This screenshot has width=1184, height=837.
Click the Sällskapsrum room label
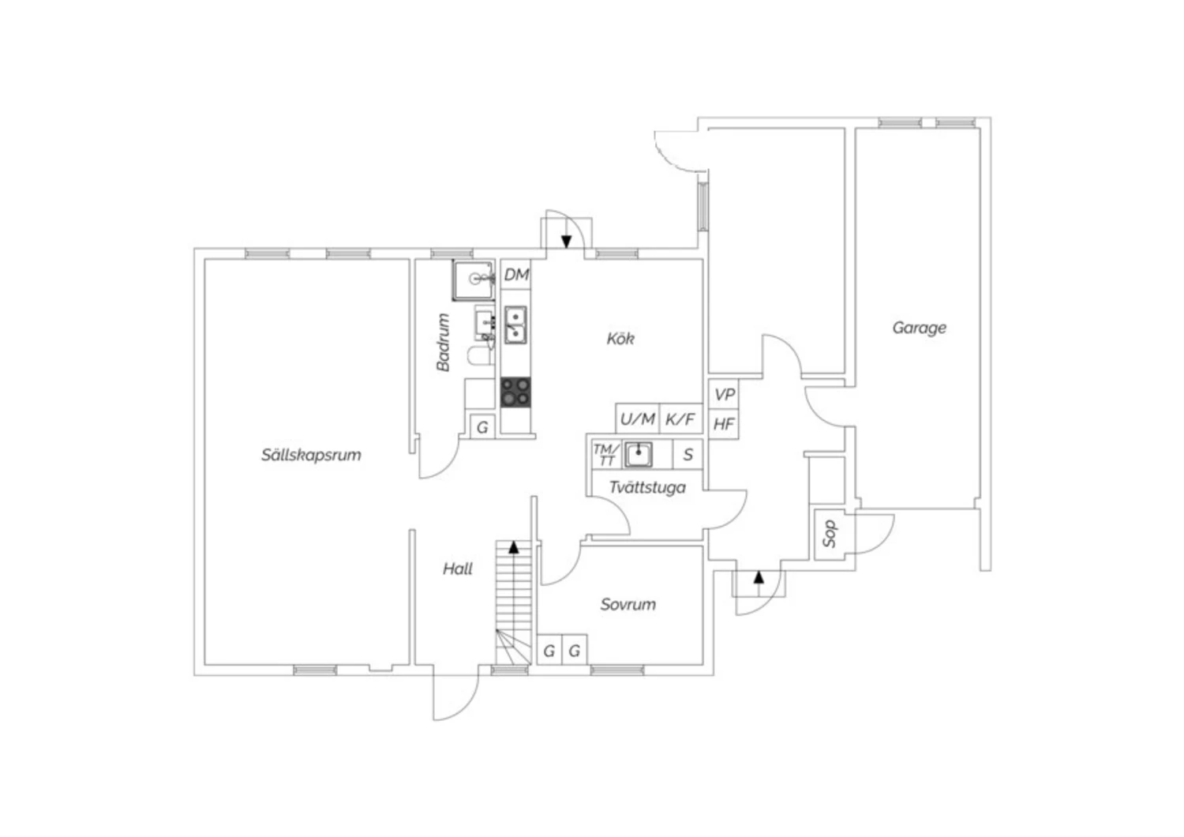(x=311, y=455)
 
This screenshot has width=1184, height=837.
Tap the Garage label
(x=920, y=328)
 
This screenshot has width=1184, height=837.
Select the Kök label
(x=620, y=339)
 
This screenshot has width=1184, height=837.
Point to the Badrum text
(x=443, y=343)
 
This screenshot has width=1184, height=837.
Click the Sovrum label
(x=628, y=604)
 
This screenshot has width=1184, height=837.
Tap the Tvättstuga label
(x=647, y=487)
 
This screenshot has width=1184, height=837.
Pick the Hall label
(x=458, y=569)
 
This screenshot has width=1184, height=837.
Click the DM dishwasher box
(x=516, y=275)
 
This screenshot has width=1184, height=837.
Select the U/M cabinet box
(x=638, y=419)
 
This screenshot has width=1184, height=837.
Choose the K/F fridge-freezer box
(x=680, y=419)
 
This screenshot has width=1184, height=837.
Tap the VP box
(x=724, y=395)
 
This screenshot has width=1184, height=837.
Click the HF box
(x=724, y=424)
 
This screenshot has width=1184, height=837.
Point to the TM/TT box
(x=605, y=455)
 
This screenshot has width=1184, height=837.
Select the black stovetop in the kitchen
(x=515, y=392)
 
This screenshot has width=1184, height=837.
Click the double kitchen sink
(x=515, y=325)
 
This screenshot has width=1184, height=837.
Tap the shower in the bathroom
(x=474, y=280)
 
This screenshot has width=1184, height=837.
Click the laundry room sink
(x=639, y=454)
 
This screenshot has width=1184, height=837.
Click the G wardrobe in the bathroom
(x=482, y=427)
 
